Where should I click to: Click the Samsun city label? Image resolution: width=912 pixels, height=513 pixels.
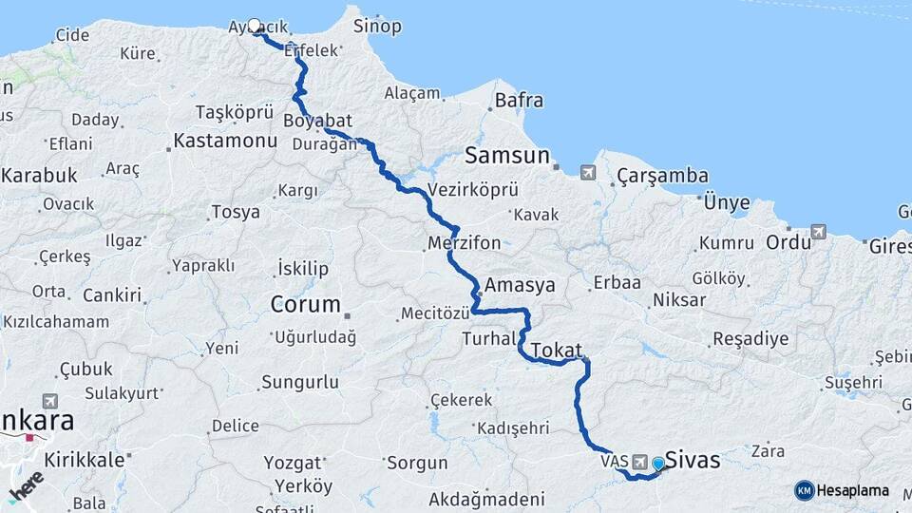pos(507,155)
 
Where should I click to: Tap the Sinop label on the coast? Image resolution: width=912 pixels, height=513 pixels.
pos(377,26)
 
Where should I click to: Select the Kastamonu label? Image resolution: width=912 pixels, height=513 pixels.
pos(226,141)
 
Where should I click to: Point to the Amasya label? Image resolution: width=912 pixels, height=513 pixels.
pos(519,285)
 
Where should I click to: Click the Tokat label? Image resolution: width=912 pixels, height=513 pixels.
pos(557,350)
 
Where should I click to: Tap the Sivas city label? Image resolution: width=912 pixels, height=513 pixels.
pos(693,461)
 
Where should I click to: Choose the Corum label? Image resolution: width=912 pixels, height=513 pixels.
pos(305,305)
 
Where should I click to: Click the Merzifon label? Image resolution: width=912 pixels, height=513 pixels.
pos(465,243)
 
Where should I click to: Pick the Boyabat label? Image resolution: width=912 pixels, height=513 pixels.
pos(317,121)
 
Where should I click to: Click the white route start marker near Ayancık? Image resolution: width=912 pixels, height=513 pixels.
pos(255,26)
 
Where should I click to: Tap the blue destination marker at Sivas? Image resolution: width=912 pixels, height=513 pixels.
pos(657,463)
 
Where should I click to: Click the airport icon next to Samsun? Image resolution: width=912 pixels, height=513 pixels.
pos(588,172)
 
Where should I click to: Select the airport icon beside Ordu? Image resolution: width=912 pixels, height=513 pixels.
pos(818,231)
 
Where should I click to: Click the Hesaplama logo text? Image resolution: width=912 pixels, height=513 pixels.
pos(852,490)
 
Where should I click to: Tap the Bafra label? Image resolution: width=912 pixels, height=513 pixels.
pos(519,100)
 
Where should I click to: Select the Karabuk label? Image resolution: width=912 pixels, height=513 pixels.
pos(38,175)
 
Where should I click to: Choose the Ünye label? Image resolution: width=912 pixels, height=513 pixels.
pos(727,202)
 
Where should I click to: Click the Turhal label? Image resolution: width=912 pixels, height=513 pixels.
pos(488,338)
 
